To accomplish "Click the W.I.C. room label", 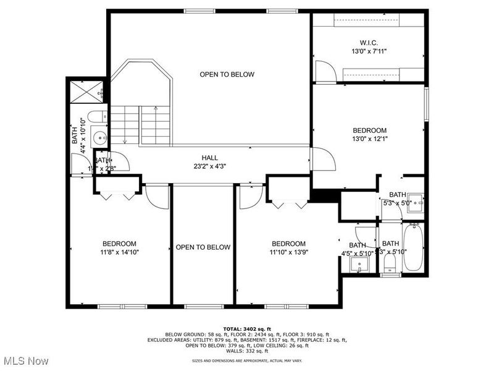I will tap(369, 43).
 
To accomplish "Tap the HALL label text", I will tap(209, 158).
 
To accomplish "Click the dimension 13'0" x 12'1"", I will tap(369, 139).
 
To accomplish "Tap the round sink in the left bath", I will tap(99, 135).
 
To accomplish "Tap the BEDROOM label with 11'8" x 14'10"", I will tap(119, 244).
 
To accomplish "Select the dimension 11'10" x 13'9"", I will tap(288, 252).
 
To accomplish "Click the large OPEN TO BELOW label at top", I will tap(227, 75).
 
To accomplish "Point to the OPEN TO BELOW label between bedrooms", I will tap(203, 247).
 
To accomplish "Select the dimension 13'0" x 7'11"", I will tap(369, 51).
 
